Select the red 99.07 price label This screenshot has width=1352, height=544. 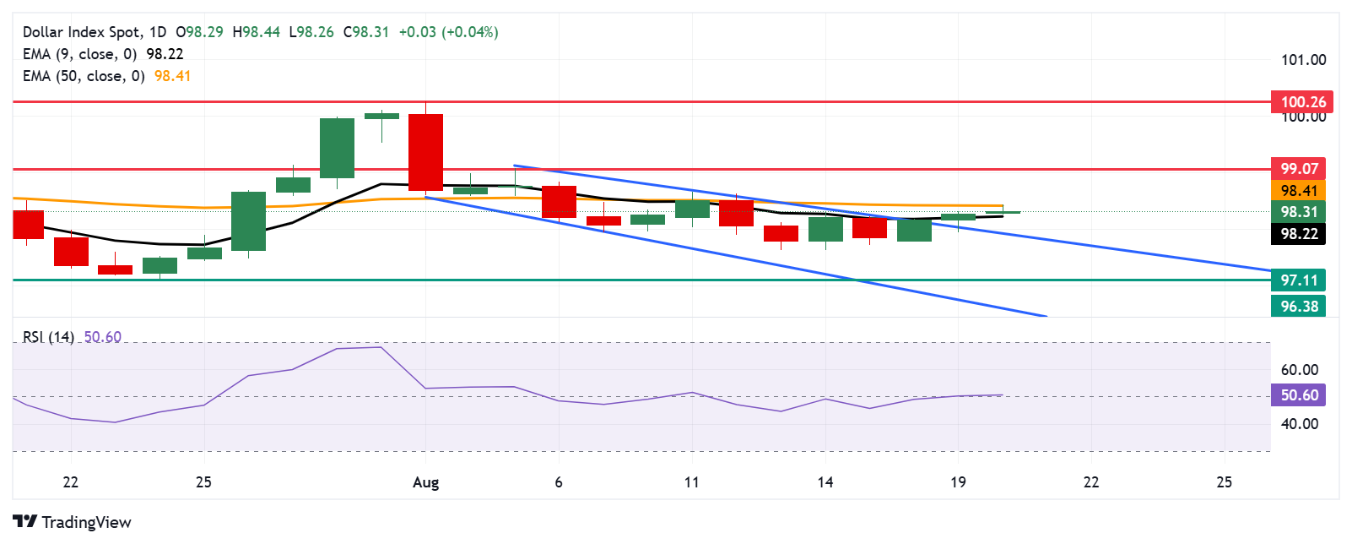click(x=1299, y=169)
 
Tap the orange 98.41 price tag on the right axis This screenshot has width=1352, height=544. click(x=1299, y=191)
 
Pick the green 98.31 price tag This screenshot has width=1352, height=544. click(x=1299, y=212)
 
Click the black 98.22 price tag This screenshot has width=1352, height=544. click(x=1299, y=234)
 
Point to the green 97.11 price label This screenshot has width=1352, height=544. click(x=1299, y=280)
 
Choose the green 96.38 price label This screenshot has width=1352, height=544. click(x=1299, y=307)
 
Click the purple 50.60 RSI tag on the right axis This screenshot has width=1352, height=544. click(x=1299, y=395)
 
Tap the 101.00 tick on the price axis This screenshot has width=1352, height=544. click(x=1303, y=60)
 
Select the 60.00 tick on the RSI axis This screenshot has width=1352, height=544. click(x=1299, y=370)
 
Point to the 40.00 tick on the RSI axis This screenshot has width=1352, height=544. click(x=1299, y=424)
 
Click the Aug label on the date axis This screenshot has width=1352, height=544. click(x=425, y=482)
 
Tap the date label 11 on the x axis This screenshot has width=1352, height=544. click(x=692, y=482)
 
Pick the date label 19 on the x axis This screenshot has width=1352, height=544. click(x=958, y=482)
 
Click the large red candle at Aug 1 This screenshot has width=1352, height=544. click(x=425, y=152)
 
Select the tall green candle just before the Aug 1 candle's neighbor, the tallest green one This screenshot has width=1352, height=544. click(x=337, y=148)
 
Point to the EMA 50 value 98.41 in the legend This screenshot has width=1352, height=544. click(x=173, y=76)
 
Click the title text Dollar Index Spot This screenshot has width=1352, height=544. click(x=82, y=32)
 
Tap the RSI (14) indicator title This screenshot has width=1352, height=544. click(x=48, y=337)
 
